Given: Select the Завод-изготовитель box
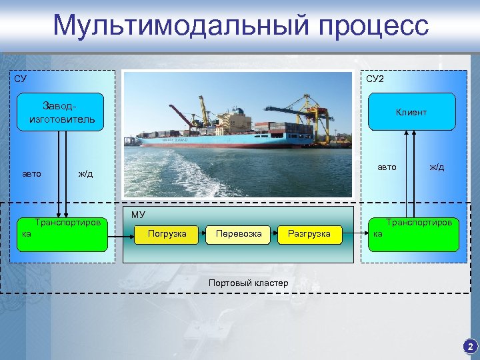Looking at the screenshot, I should coord(62,112).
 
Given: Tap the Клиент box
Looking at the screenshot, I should coord(411,112).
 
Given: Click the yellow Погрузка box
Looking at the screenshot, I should coord(167,234).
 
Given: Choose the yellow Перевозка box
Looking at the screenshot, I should coord(238,234).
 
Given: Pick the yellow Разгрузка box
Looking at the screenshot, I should coord(309,234).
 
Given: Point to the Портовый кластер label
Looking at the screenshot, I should coord(248,283).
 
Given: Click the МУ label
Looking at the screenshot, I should coord(138,215).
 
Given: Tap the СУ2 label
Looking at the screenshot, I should coord(375,79).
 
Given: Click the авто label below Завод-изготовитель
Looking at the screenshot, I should coord(32,174).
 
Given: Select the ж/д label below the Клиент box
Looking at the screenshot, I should coord(437,167).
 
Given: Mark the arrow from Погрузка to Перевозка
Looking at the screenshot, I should coord(202,234).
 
